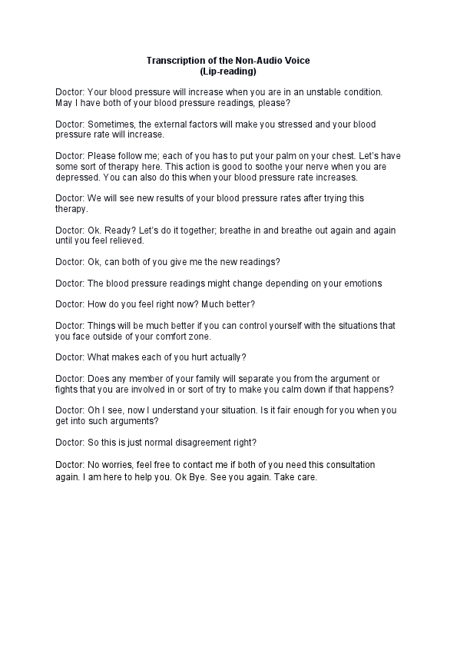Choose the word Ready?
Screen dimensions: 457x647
click(119, 231)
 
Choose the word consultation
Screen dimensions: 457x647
click(346, 465)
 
